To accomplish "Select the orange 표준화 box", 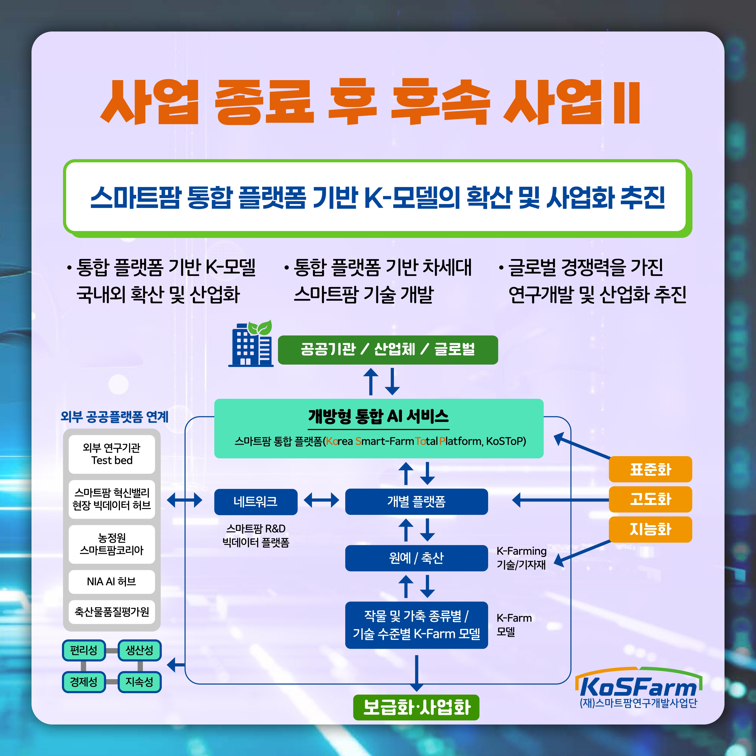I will pos(650,469).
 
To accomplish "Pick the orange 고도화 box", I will pos(650,499).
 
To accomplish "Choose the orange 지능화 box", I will pos(650,529).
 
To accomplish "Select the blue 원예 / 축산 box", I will pos(416,558).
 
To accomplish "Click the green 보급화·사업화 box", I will pos(416,707).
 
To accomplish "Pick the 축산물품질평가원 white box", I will pos(112,612).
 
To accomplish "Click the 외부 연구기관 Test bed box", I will pos(112,454).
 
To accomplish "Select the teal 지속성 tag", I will pos(139,682).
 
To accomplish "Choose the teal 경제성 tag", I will pos(84,682).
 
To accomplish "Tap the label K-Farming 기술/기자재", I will pos(521,558).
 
